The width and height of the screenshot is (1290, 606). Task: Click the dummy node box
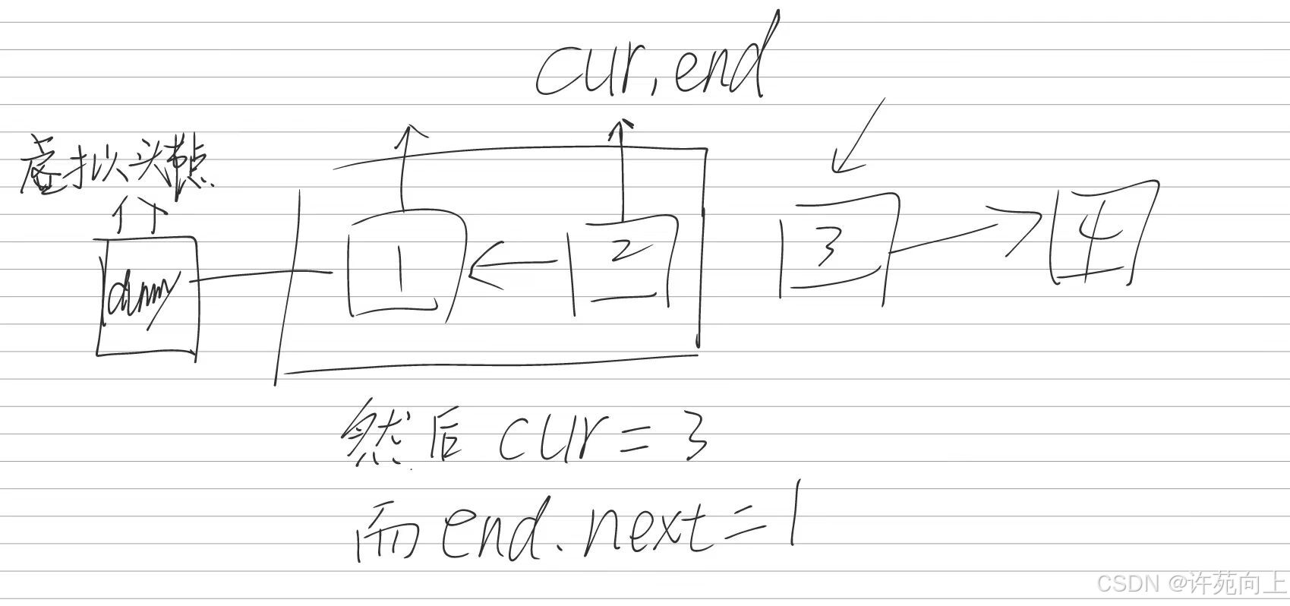point(147,296)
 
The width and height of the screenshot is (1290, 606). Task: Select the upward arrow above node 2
point(621,167)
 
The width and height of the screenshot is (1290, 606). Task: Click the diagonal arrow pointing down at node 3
point(858,137)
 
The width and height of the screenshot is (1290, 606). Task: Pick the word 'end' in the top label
point(718,65)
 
